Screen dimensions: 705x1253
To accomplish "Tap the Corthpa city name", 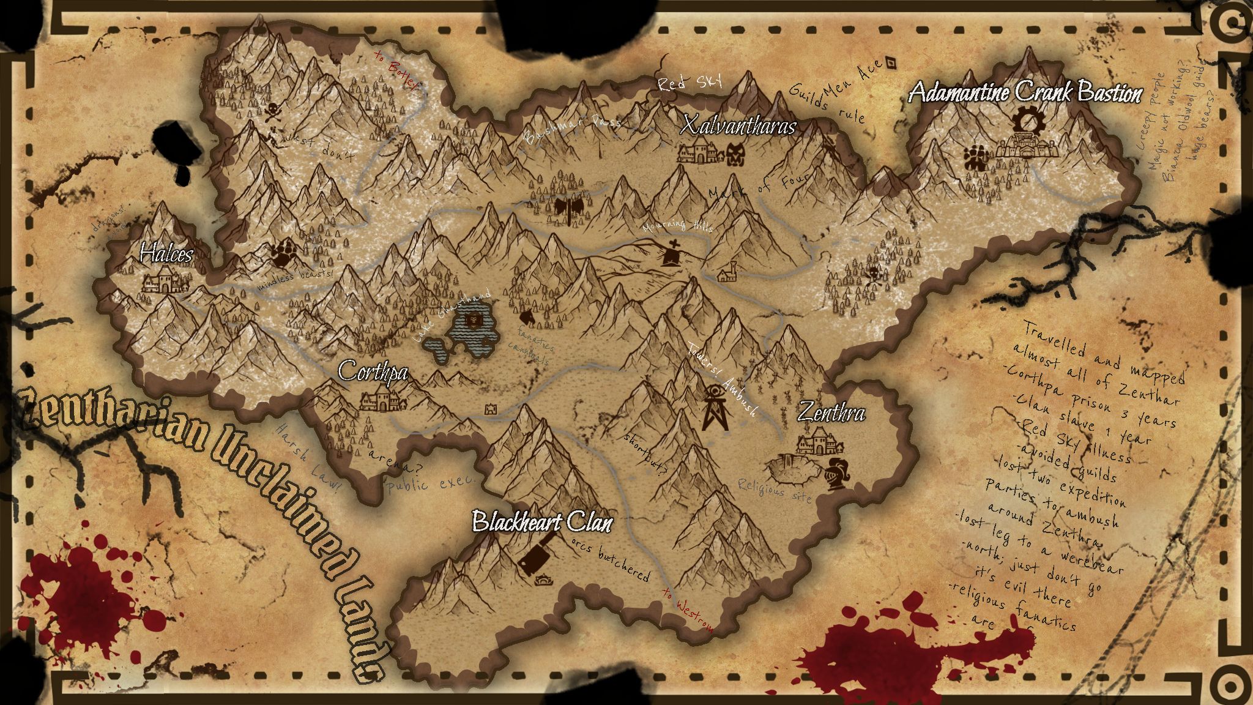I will pos(373,371).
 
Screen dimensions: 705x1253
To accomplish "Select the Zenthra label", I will pos(831,414).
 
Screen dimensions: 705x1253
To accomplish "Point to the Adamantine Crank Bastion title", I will pos(1025,93).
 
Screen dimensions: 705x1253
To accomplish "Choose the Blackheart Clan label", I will pos(542,522).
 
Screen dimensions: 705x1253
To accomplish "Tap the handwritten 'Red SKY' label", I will pos(690,83).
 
